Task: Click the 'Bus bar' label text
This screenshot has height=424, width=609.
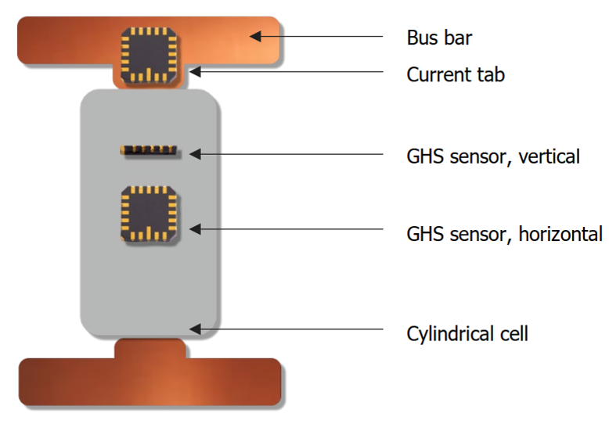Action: pos(439,38)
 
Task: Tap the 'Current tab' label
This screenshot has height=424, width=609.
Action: pos(456,75)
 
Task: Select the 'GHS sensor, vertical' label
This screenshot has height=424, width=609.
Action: pos(492,156)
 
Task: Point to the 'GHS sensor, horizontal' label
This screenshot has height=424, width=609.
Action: pos(504,233)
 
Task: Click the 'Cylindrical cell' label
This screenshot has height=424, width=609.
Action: pos(467,334)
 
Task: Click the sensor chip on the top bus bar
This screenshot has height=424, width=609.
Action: pos(148,55)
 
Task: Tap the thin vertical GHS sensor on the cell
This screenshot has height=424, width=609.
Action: pos(149,149)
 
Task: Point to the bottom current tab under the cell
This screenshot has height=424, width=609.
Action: pos(150,348)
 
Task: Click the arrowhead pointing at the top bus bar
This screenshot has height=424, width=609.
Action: pos(257,36)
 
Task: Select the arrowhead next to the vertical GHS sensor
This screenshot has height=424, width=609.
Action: pos(196,154)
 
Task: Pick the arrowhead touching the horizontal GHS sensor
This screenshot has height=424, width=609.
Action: pos(196,229)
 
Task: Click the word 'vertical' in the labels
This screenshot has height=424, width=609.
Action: pos(551,156)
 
